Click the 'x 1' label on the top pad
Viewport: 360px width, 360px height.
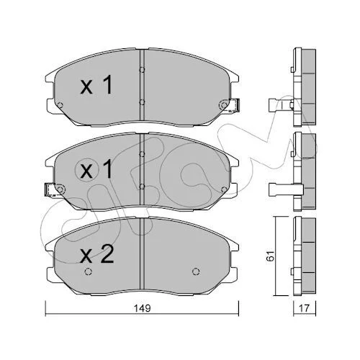[96, 84]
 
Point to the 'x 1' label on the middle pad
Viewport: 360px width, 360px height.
[96, 169]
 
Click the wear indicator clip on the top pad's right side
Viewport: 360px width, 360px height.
[235, 106]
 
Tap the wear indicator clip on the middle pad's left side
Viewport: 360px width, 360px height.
[50, 190]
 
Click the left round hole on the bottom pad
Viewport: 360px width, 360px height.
[89, 271]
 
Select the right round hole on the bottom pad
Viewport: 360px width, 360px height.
[196, 271]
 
